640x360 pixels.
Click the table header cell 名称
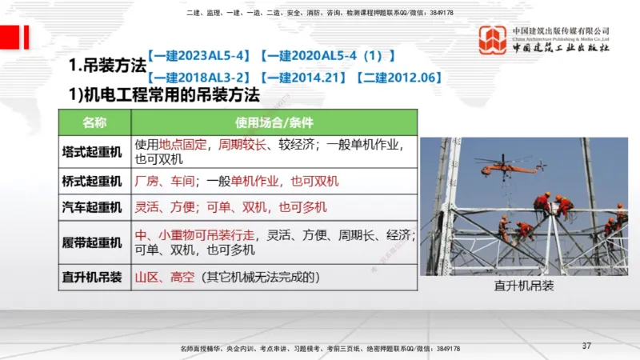point(94,123)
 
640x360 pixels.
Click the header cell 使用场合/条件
point(274,123)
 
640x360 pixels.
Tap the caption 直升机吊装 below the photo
point(523,286)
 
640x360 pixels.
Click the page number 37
point(586,346)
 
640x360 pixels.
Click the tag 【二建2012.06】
point(398,78)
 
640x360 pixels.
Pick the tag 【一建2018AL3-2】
point(201,78)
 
